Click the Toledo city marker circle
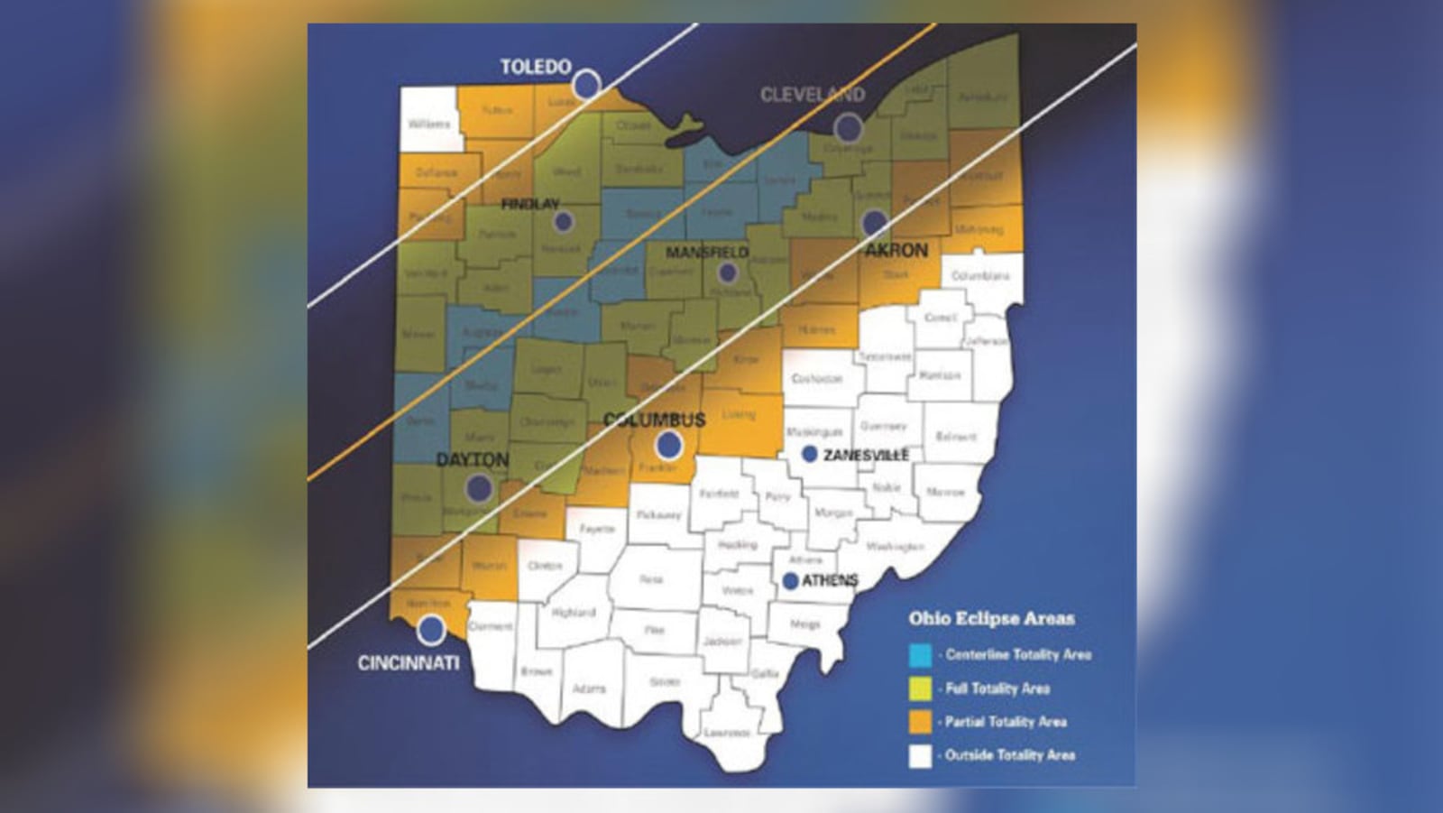[587, 84]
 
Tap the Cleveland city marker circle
[848, 128]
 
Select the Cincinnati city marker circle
[431, 629]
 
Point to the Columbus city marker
[669, 444]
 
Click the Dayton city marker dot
[479, 488]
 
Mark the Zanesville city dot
[810, 454]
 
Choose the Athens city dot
[791, 581]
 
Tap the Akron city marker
[874, 222]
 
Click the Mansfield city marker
[728, 273]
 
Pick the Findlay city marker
[564, 221]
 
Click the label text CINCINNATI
[409, 663]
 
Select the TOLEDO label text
[536, 67]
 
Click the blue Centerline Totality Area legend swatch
[920, 655]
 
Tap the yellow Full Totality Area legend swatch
[920, 688]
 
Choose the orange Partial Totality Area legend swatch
[920, 722]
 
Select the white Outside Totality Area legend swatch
[920, 755]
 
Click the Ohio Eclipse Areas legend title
[991, 618]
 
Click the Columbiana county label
[980, 275]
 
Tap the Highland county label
[573, 613]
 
